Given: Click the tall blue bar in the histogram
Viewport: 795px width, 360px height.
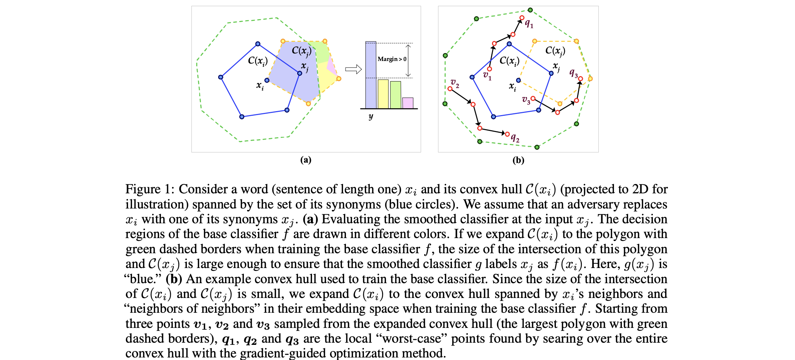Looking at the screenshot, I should point(370,75).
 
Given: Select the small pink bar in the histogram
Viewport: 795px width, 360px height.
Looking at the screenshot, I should point(408,103).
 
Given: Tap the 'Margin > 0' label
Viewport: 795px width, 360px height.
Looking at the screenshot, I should point(392,59).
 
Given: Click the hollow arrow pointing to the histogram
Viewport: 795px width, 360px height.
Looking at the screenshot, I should point(353,69).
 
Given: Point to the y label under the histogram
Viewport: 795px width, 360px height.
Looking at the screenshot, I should point(371,116).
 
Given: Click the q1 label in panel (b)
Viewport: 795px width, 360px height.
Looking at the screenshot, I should point(529,24).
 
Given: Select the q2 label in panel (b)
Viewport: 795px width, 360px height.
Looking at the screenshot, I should point(515,138).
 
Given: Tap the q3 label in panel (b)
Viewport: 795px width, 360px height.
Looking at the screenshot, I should point(574,73).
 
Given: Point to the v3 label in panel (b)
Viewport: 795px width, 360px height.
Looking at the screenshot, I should point(526,100).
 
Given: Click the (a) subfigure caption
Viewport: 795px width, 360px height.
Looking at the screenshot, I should point(306,160).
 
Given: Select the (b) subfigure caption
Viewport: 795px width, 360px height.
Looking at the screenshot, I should point(518,160).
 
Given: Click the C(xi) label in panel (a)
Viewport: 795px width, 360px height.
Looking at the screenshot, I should point(258,61).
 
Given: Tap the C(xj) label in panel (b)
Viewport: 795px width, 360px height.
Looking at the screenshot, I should point(555,51).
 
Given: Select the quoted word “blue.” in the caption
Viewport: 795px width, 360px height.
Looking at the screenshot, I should point(143,279).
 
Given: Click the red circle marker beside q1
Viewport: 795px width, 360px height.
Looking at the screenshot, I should point(522,18).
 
